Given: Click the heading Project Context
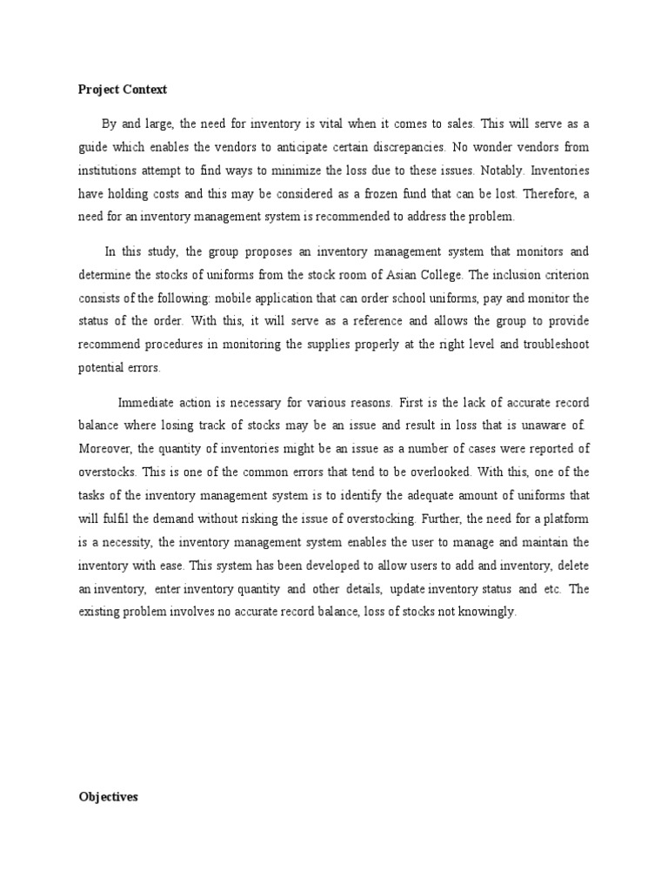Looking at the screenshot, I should [123, 90].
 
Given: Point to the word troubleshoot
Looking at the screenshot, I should [546, 344].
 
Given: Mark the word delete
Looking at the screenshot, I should [571, 566].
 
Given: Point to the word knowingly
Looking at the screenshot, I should [488, 612].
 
